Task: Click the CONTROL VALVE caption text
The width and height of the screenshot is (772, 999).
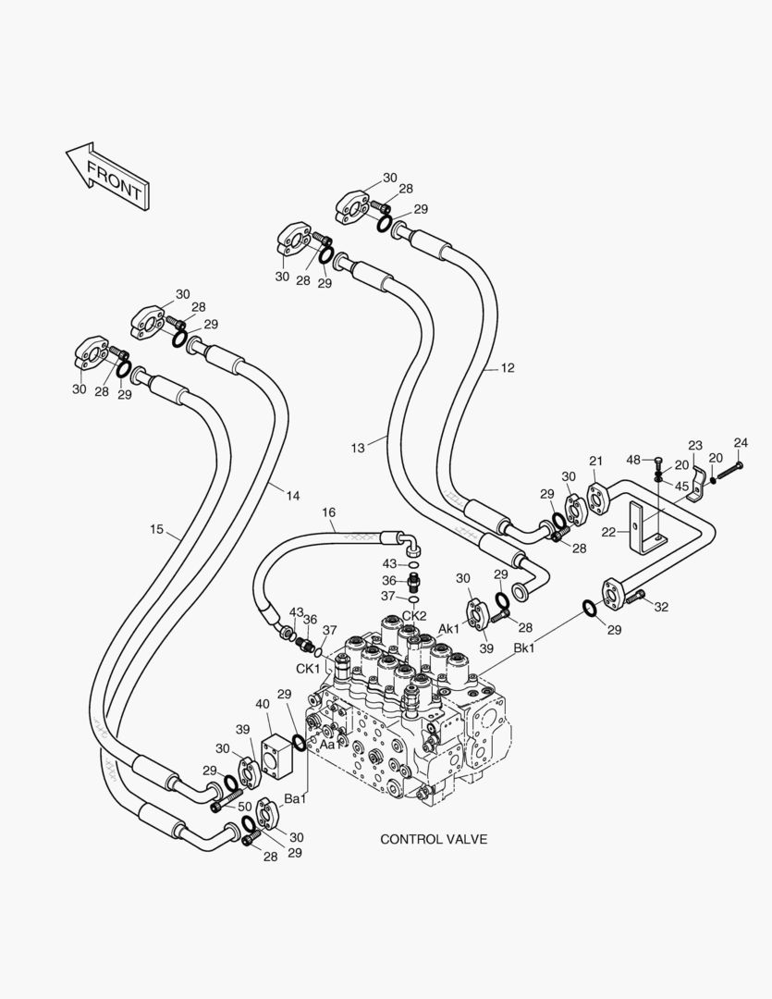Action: [x=434, y=839]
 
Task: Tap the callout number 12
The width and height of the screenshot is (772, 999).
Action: [x=508, y=368]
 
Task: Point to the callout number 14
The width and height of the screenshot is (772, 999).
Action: [x=292, y=496]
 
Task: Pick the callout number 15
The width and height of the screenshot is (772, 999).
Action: [x=157, y=529]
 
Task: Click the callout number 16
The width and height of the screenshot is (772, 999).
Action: [x=328, y=512]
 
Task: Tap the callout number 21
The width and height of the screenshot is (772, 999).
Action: [x=596, y=461]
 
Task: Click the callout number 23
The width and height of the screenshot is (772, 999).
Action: [x=695, y=445]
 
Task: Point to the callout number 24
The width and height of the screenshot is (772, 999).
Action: [x=741, y=442]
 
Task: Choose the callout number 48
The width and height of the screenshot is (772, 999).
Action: [x=633, y=460]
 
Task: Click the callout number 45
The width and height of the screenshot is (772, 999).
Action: [x=681, y=486]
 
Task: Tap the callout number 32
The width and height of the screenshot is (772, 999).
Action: [x=661, y=606]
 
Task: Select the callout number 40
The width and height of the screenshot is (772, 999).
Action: [x=263, y=704]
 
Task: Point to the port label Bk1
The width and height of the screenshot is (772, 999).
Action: [x=524, y=649]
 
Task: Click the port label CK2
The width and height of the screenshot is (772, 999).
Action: [x=413, y=616]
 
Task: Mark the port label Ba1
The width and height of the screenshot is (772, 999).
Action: [x=295, y=798]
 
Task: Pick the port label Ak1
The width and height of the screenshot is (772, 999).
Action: [x=449, y=629]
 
